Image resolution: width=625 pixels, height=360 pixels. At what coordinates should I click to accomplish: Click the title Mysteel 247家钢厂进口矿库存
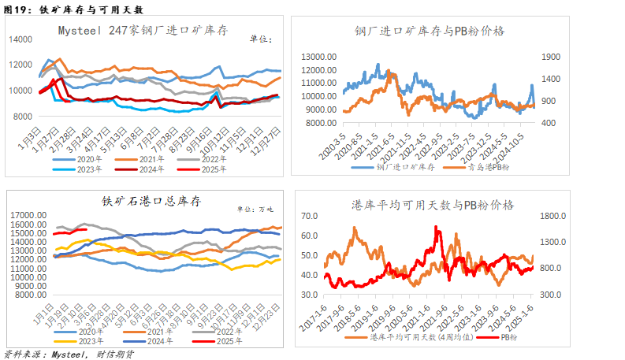pyautogui.click(x=143, y=31)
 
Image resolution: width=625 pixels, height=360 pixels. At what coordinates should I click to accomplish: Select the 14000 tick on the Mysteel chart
pyautogui.click(x=20, y=39)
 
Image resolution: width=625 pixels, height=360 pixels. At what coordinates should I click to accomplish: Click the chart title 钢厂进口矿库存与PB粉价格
pyautogui.click(x=430, y=31)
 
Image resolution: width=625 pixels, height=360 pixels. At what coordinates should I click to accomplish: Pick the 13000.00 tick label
pyautogui.click(x=318, y=57)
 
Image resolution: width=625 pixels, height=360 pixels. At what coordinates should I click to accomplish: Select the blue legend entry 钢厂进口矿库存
pyautogui.click(x=399, y=168)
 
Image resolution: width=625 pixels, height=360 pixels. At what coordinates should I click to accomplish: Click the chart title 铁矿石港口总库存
pyautogui.click(x=151, y=202)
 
